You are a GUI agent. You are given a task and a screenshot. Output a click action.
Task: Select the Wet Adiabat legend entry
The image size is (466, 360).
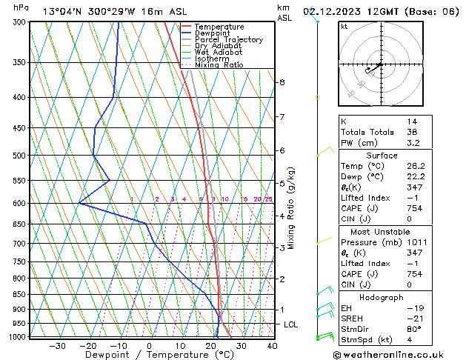click(218, 52)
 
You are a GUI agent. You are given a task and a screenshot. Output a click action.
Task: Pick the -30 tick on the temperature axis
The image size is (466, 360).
click(56, 345)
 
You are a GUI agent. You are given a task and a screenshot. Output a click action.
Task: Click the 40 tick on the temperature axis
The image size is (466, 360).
click(272, 345)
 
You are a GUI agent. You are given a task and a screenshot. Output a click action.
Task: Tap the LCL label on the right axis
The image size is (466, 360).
click(292, 324)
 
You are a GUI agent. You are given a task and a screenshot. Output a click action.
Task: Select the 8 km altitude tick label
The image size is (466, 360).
click(282, 82)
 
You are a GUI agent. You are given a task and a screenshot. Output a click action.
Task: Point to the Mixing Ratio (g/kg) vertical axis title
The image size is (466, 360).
click(291, 208)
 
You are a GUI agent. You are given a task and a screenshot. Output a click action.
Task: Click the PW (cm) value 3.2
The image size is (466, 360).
click(412, 143)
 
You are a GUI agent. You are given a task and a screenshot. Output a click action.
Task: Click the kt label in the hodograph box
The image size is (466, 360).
click(344, 27)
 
